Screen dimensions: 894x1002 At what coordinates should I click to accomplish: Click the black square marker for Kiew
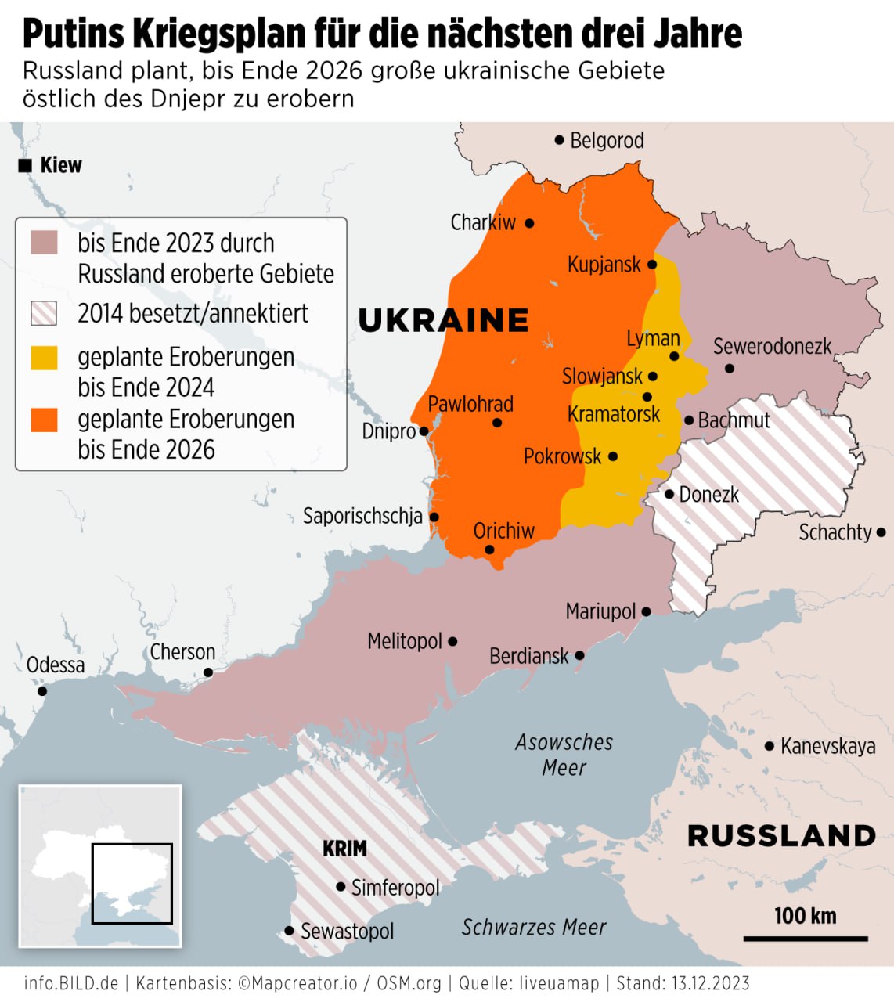coord(25,165)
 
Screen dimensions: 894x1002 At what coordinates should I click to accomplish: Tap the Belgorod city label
coord(607,141)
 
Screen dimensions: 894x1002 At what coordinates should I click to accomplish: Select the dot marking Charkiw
coord(529,223)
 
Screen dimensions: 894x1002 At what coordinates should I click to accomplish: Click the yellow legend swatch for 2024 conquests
coord(44,358)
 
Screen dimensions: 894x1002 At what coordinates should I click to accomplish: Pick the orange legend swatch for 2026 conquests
coord(44,420)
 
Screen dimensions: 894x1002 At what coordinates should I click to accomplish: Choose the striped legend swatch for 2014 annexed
coord(44,314)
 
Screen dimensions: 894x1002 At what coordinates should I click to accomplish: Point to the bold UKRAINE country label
coord(443,320)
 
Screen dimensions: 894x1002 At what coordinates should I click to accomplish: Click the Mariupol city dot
coord(646,612)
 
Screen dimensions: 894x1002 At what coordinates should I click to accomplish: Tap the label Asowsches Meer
coord(564,754)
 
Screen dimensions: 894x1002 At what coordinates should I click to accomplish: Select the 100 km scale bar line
coord(806,938)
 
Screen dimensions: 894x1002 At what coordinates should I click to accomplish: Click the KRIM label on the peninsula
coord(344,849)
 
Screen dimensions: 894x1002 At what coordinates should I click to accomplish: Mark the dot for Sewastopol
coord(289,932)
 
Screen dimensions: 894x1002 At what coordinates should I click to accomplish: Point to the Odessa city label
coord(55,665)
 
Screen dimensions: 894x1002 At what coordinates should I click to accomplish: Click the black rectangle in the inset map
coord(132,882)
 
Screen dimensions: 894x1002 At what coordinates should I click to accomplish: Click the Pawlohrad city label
coord(470,404)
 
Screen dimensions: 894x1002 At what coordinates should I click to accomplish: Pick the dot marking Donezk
coord(669,494)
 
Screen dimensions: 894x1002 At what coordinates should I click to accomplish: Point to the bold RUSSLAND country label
coord(781,836)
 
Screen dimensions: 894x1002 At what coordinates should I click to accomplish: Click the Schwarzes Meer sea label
coord(534,928)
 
